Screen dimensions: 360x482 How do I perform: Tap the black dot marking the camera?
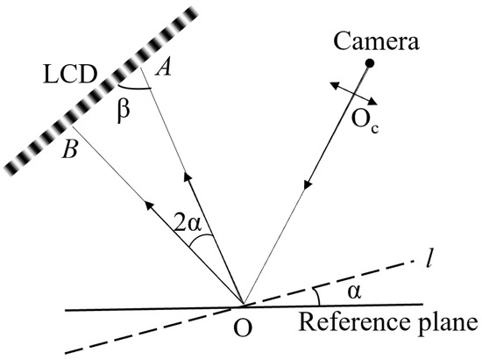(370, 63)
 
